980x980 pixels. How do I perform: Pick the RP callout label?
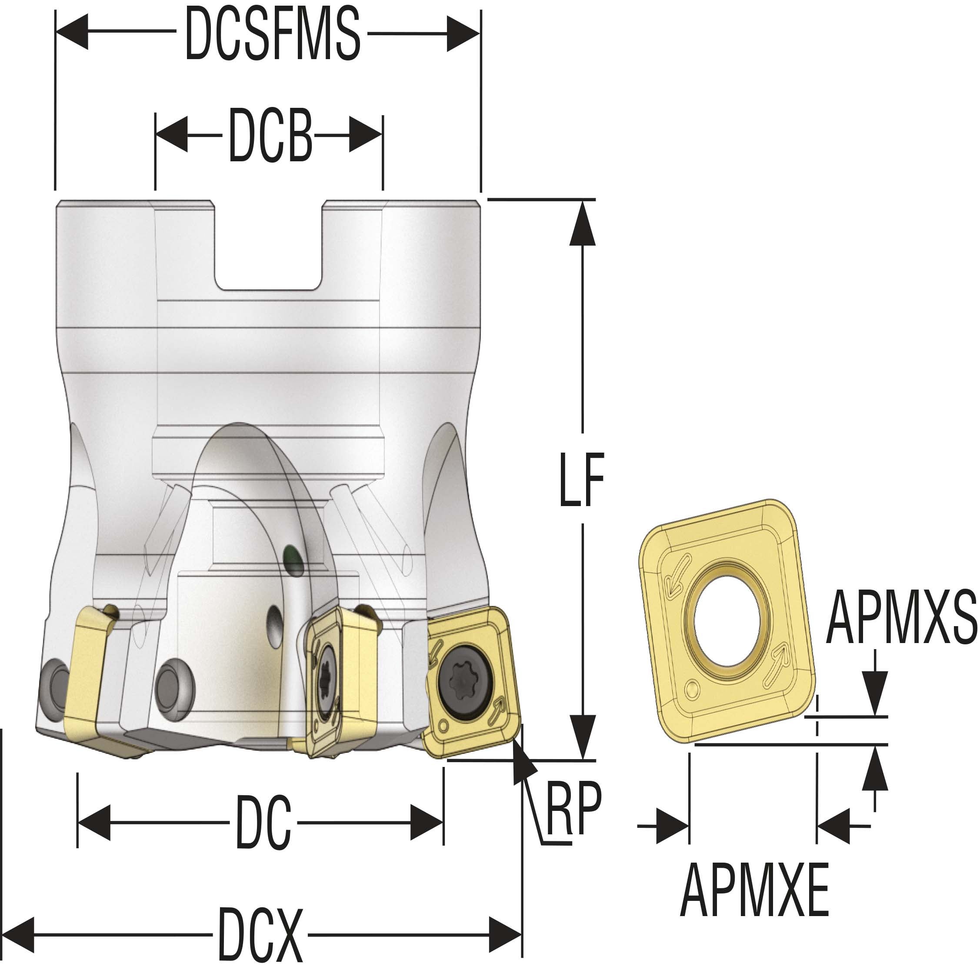coord(573,807)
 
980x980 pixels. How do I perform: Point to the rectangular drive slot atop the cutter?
coord(268,246)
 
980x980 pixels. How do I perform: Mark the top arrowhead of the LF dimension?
coord(582,222)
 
